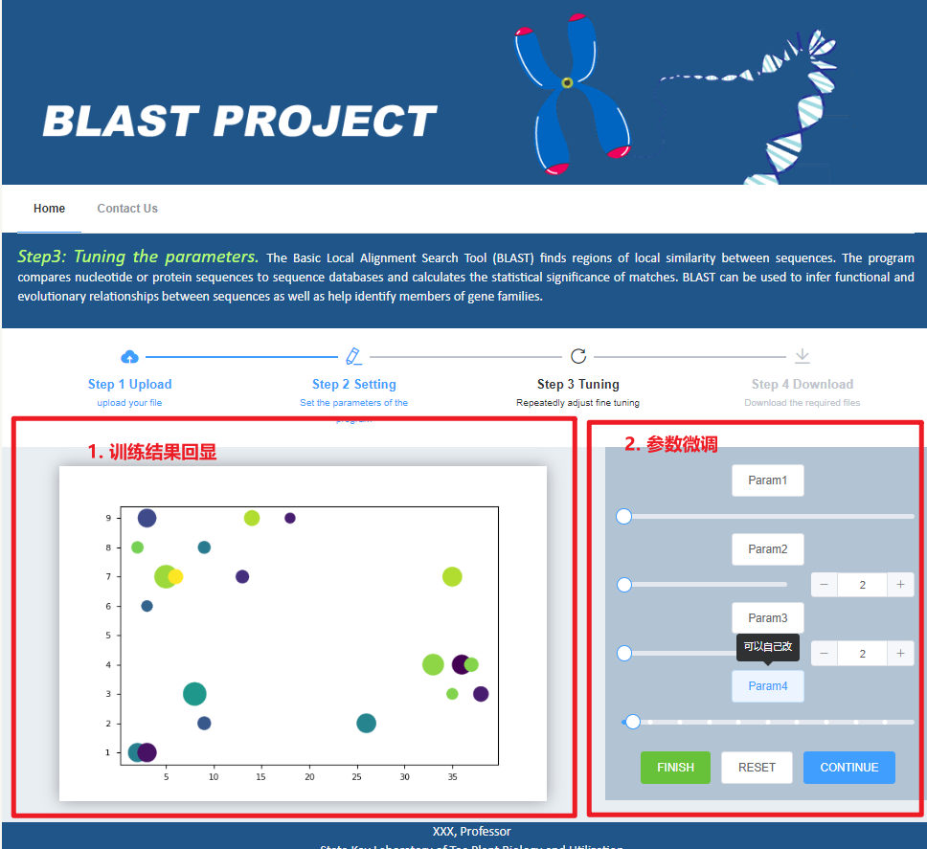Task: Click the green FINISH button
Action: [x=675, y=767]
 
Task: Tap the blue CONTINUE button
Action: [x=848, y=767]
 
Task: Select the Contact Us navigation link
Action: [x=127, y=209]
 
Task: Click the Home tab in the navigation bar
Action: [x=50, y=209]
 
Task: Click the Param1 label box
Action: [x=767, y=480]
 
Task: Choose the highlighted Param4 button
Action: [x=767, y=685]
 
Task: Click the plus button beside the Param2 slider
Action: [x=900, y=584]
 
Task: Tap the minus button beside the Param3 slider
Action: [x=825, y=653]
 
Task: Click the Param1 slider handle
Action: [x=623, y=517]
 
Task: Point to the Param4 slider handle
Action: [x=632, y=722]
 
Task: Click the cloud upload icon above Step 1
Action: [x=130, y=357]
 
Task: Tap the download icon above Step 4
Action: [x=803, y=357]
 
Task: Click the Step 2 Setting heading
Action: [x=353, y=384]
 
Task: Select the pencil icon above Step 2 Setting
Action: [x=354, y=357]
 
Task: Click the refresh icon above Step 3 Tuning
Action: [x=578, y=357]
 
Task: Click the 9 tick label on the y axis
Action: [x=108, y=518]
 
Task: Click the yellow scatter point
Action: [x=175, y=576]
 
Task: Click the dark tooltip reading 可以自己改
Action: [x=767, y=647]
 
